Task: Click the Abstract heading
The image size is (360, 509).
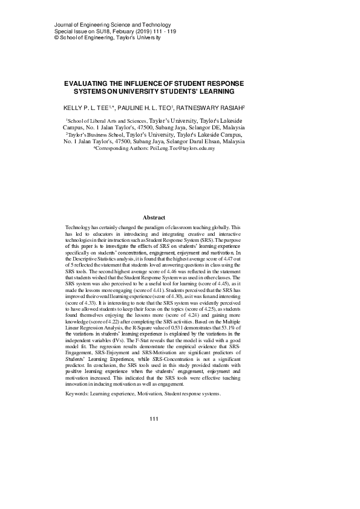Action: [x=153, y=217]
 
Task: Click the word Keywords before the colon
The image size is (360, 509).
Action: [x=79, y=394]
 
